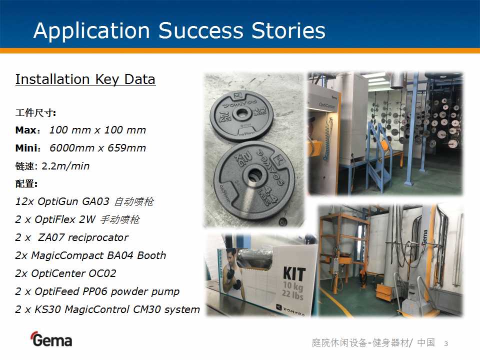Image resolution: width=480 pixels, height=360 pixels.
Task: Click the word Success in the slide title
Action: pos(200,30)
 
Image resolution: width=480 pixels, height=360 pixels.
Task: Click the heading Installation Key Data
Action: pos(85,79)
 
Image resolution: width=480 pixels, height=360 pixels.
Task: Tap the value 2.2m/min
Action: pos(65,166)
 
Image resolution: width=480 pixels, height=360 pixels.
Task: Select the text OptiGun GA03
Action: pos(73,201)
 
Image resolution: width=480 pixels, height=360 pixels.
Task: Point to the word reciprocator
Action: pos(98,237)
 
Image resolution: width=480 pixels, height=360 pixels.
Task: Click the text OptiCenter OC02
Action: pos(73,273)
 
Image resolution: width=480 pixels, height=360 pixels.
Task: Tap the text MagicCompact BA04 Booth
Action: pos(98,255)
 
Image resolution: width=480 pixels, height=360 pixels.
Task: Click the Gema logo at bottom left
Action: pos(51,339)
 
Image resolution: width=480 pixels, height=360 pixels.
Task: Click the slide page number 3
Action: pos(446,344)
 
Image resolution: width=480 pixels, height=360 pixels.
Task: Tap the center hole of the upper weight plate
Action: pos(241,113)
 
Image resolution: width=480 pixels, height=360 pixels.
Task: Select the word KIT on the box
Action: pos(294,273)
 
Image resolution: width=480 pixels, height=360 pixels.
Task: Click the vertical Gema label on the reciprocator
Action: pos(424,237)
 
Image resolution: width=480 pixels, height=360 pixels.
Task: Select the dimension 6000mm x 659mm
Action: pos(97,148)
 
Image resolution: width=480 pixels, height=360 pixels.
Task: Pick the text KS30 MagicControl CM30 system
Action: pos(117,309)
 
